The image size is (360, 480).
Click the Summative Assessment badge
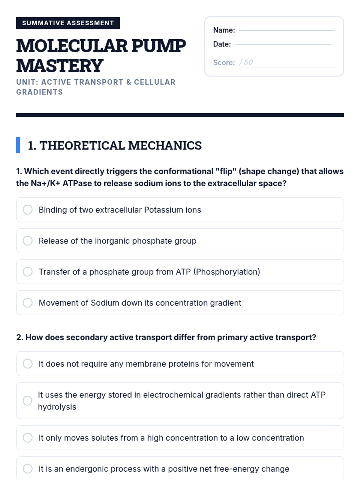68,23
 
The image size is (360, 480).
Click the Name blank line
287,30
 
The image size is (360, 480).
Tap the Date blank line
283,44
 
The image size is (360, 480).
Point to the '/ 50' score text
246,62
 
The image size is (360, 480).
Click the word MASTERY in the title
60,66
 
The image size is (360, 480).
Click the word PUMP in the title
159,46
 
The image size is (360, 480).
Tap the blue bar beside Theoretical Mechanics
18,145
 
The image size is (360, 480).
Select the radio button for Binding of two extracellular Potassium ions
28,209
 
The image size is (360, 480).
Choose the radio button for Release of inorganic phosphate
28,241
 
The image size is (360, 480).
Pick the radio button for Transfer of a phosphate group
28,271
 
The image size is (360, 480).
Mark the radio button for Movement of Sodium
28,303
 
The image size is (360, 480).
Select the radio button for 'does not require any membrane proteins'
28,364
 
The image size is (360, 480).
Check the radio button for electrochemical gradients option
27,400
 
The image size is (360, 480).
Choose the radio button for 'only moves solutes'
28,438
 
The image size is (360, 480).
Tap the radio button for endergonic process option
28,469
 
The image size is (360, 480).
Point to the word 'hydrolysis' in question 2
57,407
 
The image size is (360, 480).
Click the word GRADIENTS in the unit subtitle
40,92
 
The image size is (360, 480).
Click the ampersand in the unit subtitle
129,82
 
